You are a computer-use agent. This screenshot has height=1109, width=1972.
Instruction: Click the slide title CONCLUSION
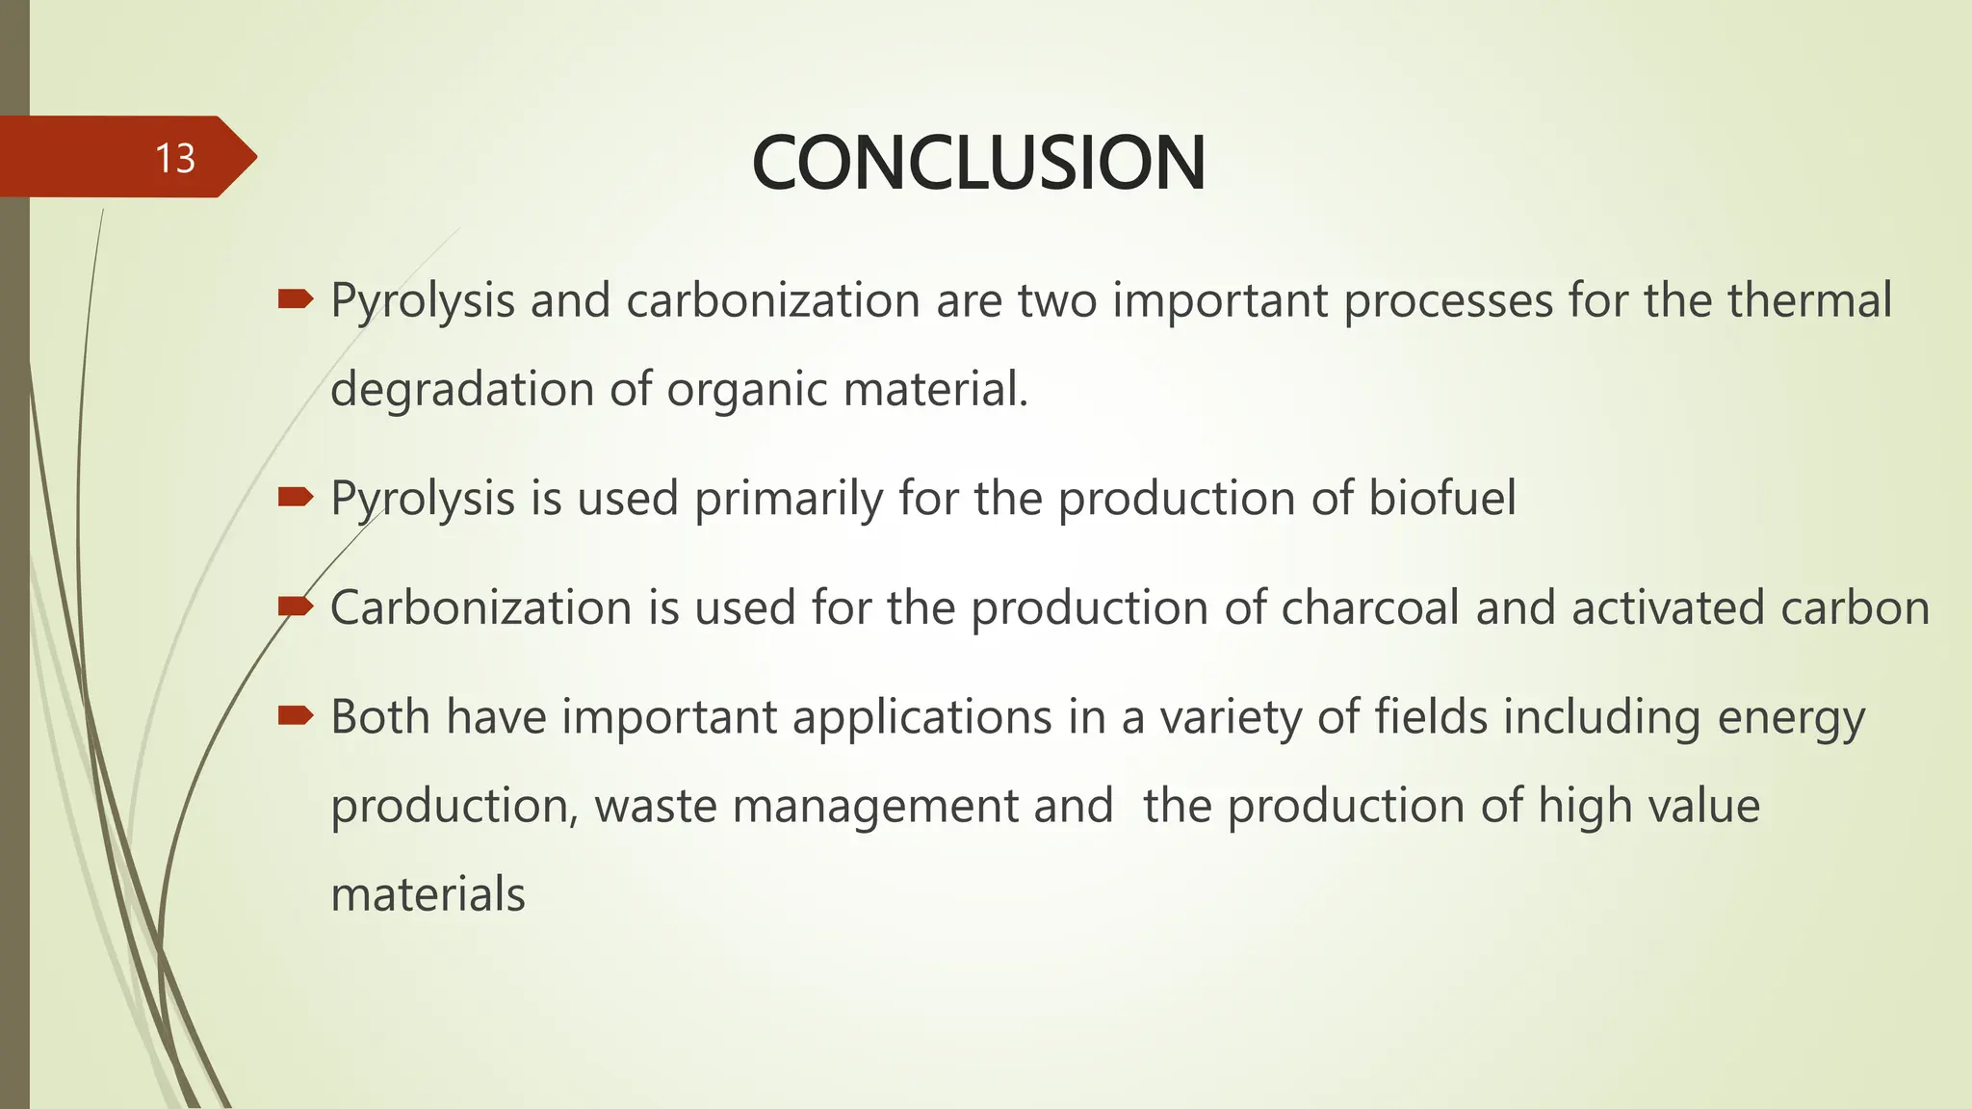coord(977,163)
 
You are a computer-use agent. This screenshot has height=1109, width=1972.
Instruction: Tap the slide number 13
coord(175,158)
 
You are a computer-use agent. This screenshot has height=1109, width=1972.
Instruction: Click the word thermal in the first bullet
coord(1809,300)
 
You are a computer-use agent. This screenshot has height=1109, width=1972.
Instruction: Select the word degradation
coord(462,390)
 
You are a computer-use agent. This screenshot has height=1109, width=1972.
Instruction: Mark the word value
coord(1703,806)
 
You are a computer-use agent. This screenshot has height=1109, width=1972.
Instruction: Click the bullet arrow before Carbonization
coord(295,606)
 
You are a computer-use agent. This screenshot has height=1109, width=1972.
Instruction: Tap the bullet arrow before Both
coord(295,715)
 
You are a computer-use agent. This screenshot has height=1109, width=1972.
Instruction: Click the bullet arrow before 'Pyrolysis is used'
coord(295,497)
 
